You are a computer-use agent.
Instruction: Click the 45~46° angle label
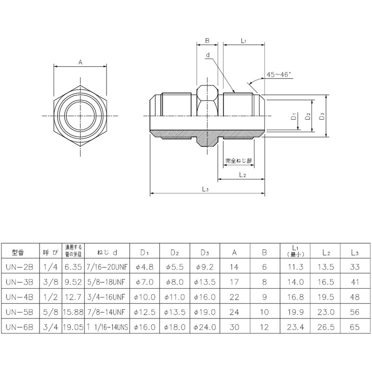coord(278,74)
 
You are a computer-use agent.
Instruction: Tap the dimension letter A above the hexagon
coord(80,61)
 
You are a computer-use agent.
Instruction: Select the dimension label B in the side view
coord(207,40)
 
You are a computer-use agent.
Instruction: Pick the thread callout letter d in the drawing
coord(209,55)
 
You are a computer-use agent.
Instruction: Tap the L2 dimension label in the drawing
coord(242,174)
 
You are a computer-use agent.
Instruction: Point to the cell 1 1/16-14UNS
coord(107,327)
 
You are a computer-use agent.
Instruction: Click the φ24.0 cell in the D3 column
coord(205,327)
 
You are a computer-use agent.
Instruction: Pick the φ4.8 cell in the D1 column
coord(144,266)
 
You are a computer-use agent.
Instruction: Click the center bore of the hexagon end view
coord(80,114)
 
